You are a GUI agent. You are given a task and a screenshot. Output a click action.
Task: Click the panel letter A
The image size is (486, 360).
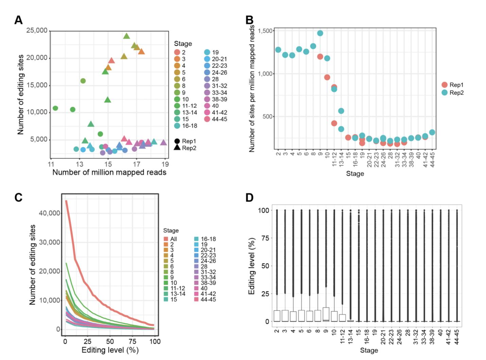point(18,20)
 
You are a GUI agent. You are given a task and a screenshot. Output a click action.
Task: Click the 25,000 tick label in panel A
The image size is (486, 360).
point(37,31)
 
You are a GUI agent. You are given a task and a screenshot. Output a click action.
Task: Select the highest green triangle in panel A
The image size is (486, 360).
point(126,36)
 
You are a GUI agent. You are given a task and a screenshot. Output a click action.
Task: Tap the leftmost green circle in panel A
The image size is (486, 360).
point(55,108)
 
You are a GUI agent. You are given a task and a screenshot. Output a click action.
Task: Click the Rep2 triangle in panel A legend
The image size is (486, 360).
point(177,148)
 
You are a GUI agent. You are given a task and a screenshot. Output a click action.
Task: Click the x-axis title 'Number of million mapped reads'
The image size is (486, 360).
point(109,172)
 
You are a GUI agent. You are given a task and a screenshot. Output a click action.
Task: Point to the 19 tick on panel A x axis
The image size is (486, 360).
point(165,164)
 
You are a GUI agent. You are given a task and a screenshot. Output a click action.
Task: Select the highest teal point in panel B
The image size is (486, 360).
point(320,33)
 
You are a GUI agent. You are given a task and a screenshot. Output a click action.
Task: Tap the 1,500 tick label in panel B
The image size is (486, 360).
point(265,31)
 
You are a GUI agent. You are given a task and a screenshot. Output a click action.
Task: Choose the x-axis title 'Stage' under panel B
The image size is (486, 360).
point(355,174)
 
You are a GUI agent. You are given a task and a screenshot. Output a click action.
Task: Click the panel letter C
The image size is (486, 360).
point(18,198)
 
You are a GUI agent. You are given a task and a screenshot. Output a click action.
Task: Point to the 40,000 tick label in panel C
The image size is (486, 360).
point(50,213)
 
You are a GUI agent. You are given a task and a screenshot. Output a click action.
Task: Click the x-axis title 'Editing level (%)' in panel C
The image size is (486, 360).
point(110,350)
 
